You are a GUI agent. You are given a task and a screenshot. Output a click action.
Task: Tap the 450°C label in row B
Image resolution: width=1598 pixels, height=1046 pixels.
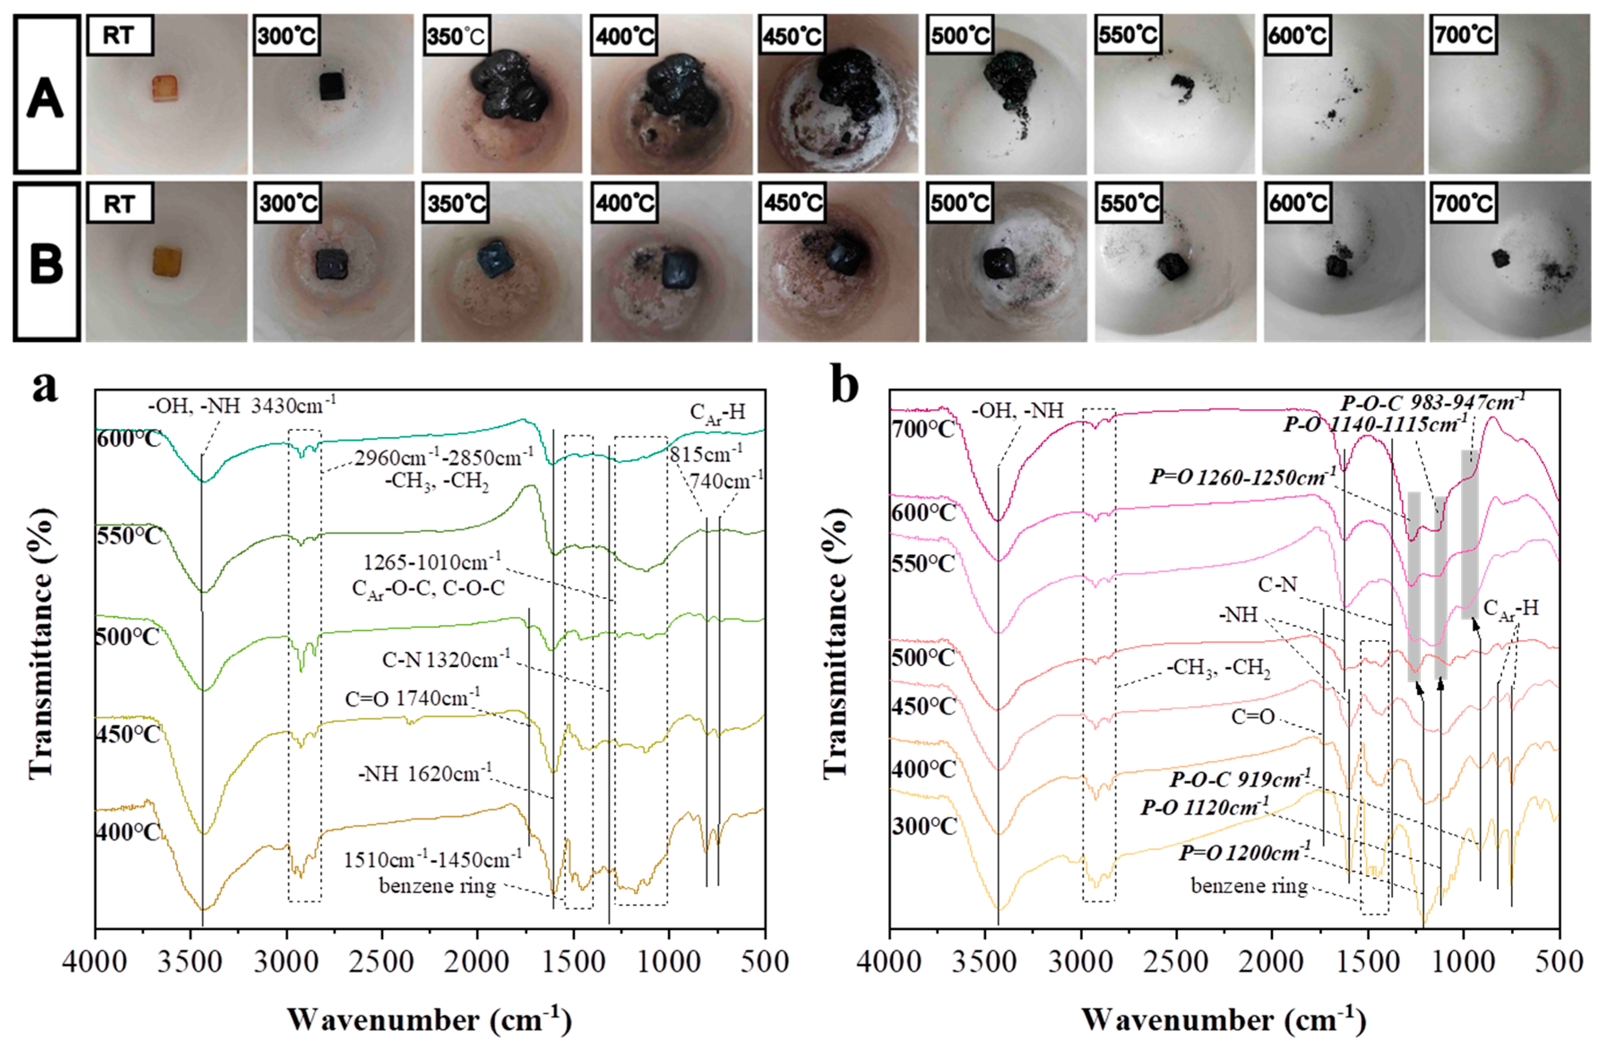[794, 203]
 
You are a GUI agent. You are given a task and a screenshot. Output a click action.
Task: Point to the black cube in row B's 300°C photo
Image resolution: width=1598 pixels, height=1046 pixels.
[332, 264]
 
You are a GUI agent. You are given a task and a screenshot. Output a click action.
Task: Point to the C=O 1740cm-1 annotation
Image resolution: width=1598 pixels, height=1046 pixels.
[412, 698]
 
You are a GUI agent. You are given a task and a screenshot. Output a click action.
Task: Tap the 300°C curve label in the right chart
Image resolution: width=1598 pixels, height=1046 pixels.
[924, 826]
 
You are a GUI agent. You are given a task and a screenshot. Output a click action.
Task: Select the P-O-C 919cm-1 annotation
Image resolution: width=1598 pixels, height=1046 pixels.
[1239, 779]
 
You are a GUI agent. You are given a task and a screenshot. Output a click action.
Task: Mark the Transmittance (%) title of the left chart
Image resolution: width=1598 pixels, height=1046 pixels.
[42, 645]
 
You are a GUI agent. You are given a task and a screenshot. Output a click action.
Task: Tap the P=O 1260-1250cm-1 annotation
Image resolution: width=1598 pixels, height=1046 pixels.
[1242, 477]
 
